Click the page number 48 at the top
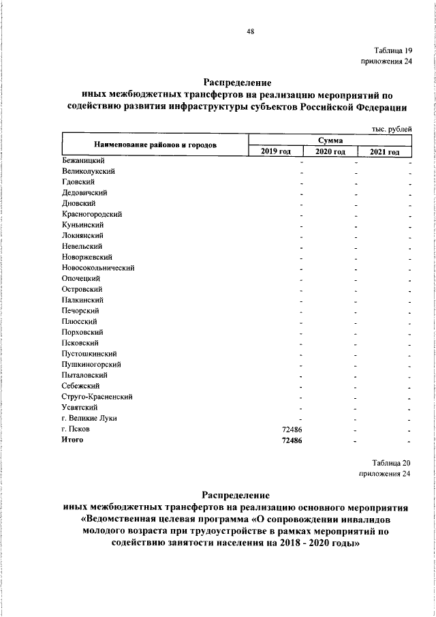tap(250, 30)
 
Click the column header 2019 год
tap(276, 151)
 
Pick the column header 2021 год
tap(385, 151)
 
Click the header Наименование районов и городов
tap(156, 145)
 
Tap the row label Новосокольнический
tap(97, 268)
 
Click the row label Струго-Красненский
tap(96, 396)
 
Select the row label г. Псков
tap(75, 429)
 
